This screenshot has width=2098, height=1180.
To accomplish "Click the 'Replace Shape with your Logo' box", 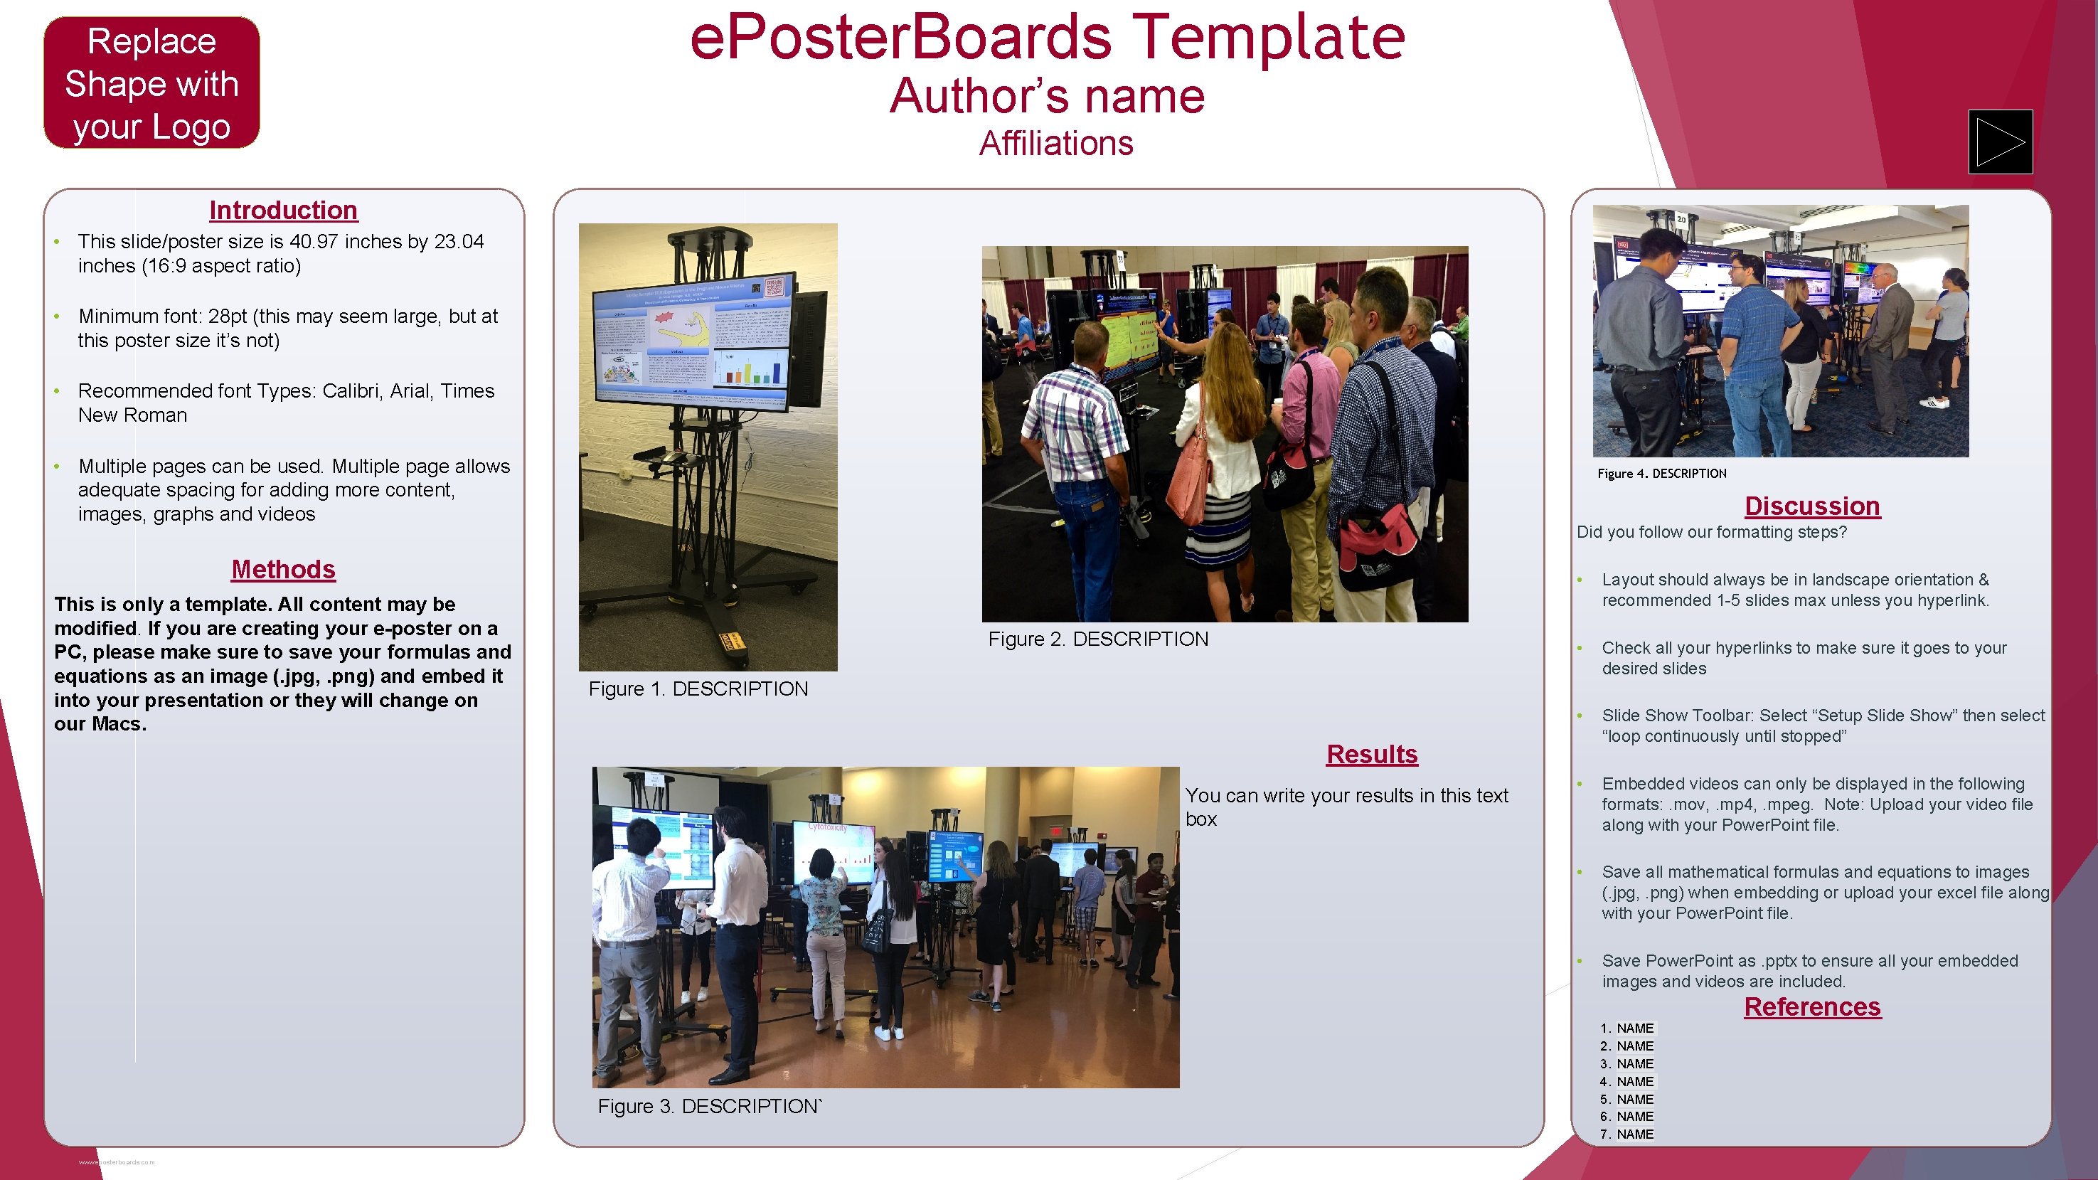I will coord(151,83).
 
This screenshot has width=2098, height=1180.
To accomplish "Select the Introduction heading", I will coord(282,210).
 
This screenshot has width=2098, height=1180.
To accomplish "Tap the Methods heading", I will coord(282,569).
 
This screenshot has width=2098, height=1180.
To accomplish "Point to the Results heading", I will coord(1371,754).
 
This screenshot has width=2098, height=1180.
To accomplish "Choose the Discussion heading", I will coord(1811,506).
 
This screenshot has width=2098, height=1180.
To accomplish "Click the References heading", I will coord(1811,1006).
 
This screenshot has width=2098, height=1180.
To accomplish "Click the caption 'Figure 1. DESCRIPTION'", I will coord(698,689).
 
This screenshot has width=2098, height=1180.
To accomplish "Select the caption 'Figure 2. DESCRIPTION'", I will coord(1098,639).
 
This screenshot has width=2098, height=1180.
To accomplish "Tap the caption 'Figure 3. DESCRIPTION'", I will coord(709,1106).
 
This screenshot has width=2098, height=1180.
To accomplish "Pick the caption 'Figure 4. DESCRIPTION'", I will coord(1661,473).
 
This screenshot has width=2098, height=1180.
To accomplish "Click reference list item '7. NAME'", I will coord(1626,1134).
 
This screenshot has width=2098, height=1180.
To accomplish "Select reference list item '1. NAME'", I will coord(1626,1028).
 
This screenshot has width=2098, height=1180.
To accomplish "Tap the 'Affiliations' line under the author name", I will coord(1055,144).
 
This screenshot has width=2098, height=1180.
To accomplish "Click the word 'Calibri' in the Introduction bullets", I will coord(352,391).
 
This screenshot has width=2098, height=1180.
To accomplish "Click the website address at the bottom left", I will coord(116,1162).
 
